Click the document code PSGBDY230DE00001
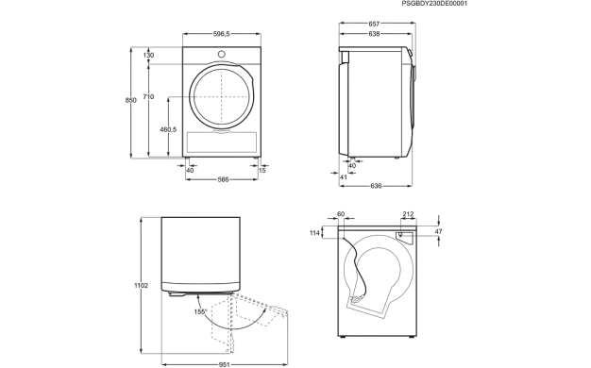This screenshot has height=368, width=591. point(434,4)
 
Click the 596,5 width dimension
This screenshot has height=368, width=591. point(221,34)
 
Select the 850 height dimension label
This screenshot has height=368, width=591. point(131,100)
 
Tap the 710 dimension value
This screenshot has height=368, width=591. point(148,97)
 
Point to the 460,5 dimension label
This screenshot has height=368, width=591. point(168,129)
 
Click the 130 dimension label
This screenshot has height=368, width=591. point(148,56)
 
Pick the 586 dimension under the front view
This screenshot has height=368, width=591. point(223,179)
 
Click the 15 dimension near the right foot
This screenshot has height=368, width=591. point(262,170)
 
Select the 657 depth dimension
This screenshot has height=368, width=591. point(374,25)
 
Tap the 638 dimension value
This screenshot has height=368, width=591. point(374,34)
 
